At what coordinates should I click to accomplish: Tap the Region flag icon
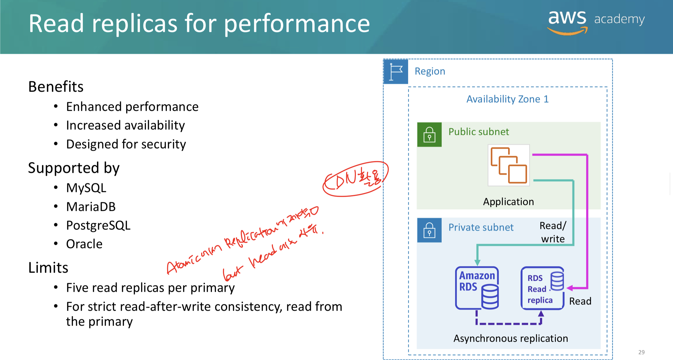pyautogui.click(x=396, y=72)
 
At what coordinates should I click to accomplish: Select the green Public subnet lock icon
pyautogui.click(x=429, y=134)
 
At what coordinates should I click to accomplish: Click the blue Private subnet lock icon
pyautogui.click(x=429, y=230)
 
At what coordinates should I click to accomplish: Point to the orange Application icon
pyautogui.click(x=509, y=165)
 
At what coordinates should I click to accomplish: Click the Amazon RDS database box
pyautogui.click(x=477, y=288)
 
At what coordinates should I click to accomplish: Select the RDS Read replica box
pyautogui.click(x=542, y=288)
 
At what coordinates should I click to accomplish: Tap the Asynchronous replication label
pyautogui.click(x=511, y=338)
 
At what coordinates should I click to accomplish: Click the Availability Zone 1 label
pyautogui.click(x=508, y=99)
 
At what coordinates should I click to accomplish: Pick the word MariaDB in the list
pyautogui.click(x=91, y=207)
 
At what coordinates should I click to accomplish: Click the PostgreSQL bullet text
pyautogui.click(x=98, y=225)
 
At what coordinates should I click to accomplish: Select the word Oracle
pyautogui.click(x=84, y=244)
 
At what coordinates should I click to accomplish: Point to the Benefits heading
pyautogui.click(x=56, y=87)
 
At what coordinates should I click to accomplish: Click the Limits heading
pyautogui.click(x=48, y=268)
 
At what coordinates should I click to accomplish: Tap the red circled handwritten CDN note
pyautogui.click(x=355, y=179)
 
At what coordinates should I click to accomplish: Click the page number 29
pyautogui.click(x=641, y=352)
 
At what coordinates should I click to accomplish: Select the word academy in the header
pyautogui.click(x=619, y=19)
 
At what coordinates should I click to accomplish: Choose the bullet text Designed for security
pyautogui.click(x=126, y=144)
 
